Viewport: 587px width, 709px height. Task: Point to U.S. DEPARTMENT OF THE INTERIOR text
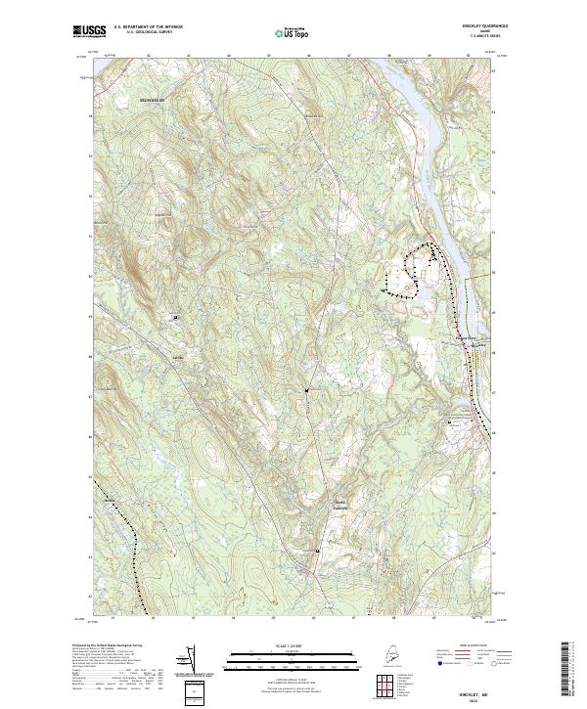click(x=149, y=27)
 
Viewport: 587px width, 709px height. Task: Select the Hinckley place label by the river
click(x=468, y=340)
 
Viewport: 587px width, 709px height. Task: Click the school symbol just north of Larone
click(x=176, y=317)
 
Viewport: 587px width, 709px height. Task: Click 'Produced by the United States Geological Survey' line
click(x=108, y=645)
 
